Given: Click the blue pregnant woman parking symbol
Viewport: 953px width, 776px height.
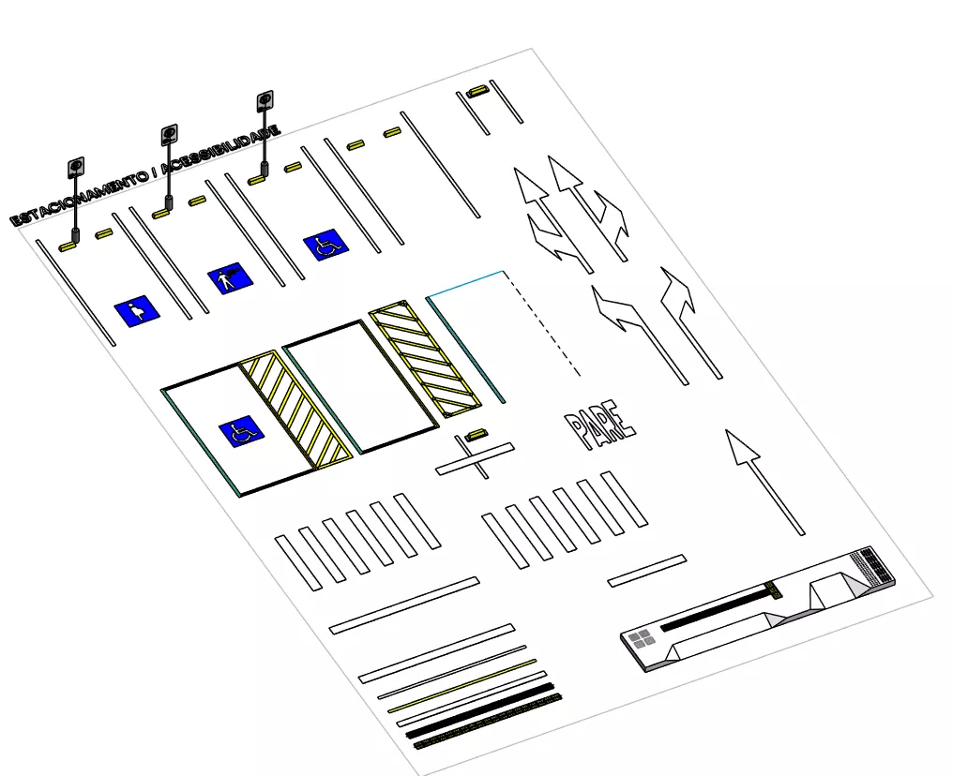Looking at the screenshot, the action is point(137,311).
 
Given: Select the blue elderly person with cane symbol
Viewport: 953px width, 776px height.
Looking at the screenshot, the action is point(231,278).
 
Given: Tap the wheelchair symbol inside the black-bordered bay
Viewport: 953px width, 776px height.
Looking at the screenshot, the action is point(241,432).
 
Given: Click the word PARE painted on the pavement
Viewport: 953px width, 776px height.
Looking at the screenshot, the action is point(600,425).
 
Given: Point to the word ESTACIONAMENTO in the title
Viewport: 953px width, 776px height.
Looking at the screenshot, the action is point(79,198).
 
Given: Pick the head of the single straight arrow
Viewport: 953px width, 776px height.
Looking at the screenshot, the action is point(742,447).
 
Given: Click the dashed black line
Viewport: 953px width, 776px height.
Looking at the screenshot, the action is point(541,323).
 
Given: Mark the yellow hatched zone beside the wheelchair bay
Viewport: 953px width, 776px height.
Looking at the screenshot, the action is point(295,410).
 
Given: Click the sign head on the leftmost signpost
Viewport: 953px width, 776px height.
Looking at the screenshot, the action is point(76,168).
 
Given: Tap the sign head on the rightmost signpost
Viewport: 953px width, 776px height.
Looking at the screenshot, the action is point(265,101).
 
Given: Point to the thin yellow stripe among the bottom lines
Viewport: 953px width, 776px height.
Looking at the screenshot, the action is point(461,685).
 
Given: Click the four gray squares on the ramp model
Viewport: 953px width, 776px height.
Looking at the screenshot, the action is point(642,638).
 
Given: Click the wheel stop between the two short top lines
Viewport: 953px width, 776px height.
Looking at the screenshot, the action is point(478,91).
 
